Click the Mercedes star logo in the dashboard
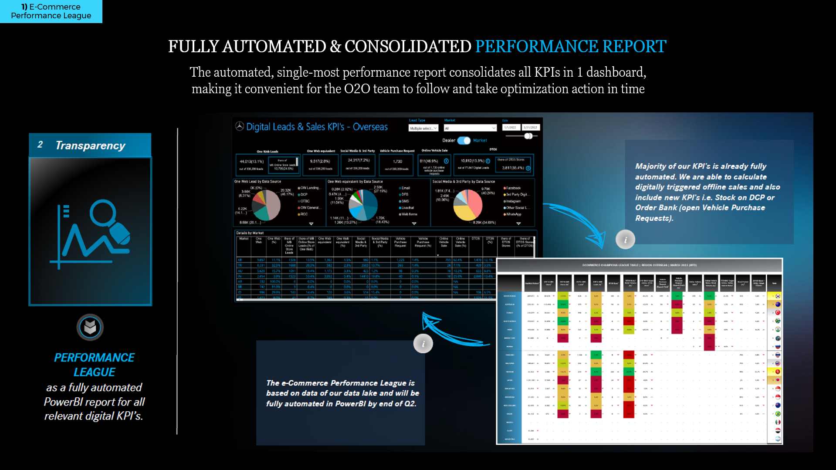click(x=240, y=126)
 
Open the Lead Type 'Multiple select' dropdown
click(x=423, y=128)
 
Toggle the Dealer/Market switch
click(x=464, y=140)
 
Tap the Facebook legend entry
click(x=513, y=188)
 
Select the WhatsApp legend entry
click(x=513, y=214)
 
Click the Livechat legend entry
click(x=407, y=208)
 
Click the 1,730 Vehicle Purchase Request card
click(x=397, y=162)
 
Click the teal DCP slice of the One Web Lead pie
click(x=262, y=212)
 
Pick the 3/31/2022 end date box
click(x=531, y=128)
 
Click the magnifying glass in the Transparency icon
click(x=103, y=213)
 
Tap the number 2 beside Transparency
click(x=40, y=145)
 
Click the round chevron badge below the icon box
click(x=90, y=327)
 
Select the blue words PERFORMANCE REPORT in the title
click(x=570, y=47)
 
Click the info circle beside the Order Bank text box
click(x=625, y=240)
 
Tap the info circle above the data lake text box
click(x=423, y=344)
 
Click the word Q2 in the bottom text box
click(x=409, y=404)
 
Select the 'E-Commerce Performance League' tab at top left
click(x=51, y=11)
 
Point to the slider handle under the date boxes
click(x=528, y=136)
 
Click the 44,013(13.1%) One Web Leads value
click(x=251, y=162)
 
